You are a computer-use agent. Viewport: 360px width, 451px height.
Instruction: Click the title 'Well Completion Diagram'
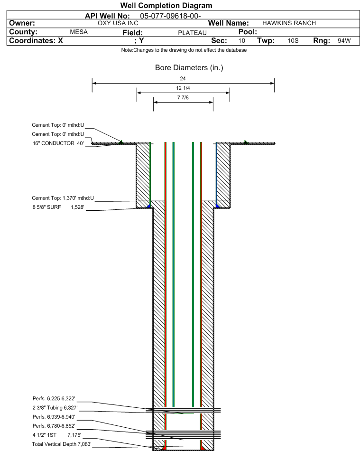(166, 6)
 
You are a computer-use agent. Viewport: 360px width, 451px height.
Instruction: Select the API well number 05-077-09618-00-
(170, 16)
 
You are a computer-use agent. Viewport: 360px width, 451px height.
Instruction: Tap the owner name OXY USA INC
(118, 23)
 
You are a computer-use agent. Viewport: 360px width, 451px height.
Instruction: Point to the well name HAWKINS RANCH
(289, 23)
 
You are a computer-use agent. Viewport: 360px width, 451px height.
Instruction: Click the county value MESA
(79, 32)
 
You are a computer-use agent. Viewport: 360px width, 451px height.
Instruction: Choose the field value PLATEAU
(192, 33)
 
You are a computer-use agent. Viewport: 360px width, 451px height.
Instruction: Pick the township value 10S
(293, 40)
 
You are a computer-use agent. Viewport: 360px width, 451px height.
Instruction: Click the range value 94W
(344, 40)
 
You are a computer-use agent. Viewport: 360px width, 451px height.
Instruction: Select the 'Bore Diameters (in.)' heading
(189, 67)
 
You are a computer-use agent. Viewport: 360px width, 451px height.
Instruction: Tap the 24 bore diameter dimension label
(183, 78)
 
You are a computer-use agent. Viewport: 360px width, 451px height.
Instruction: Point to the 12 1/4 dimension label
(183, 88)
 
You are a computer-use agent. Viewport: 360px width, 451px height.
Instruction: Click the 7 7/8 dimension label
(183, 97)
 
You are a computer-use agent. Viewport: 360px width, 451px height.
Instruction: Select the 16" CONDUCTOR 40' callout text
(58, 143)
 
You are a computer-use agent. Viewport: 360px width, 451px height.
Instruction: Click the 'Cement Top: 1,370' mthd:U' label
(63, 198)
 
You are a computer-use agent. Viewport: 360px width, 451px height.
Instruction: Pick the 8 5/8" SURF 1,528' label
(58, 207)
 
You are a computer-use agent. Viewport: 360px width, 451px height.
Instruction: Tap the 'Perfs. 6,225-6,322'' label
(54, 399)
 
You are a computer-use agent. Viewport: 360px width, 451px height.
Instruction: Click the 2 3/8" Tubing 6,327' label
(55, 408)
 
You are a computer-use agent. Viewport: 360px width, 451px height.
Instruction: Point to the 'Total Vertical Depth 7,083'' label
(62, 444)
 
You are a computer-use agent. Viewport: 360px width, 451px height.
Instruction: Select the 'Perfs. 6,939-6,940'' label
(54, 417)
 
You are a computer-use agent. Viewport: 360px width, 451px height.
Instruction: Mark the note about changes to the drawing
(184, 50)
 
